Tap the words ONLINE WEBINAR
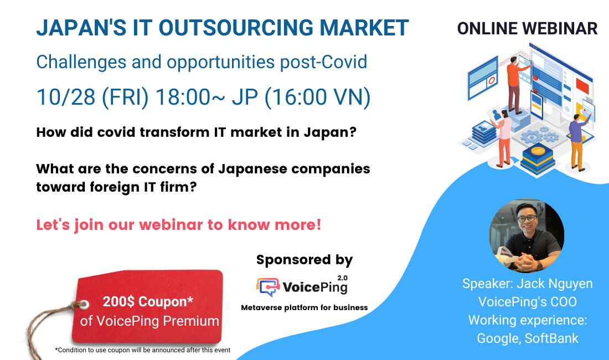click(x=527, y=28)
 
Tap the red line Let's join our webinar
click(x=178, y=225)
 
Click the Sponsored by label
click(x=304, y=260)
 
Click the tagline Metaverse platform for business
click(x=304, y=307)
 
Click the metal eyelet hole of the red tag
click(x=84, y=305)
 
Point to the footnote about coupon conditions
click(x=142, y=349)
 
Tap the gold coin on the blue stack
click(x=536, y=151)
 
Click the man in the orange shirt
click(x=514, y=83)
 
